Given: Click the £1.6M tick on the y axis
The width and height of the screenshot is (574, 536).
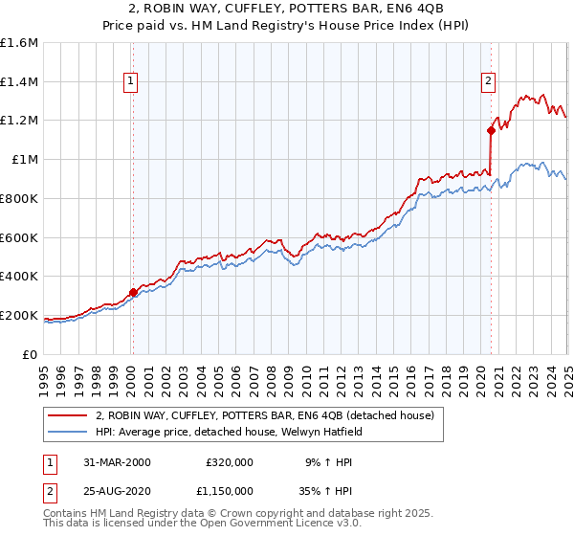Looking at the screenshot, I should [19, 43].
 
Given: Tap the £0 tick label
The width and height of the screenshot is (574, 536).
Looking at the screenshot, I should [32, 354].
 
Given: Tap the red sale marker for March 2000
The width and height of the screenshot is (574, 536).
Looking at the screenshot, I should [133, 292].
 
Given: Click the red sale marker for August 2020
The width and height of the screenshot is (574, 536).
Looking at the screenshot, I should [490, 130].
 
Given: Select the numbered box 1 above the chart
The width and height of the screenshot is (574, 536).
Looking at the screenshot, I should [131, 81].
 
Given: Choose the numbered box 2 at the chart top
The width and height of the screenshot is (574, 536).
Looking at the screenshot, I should [488, 81].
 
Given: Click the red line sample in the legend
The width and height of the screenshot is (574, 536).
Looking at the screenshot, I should [68, 415].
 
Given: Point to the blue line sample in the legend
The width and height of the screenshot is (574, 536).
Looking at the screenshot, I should [68, 432].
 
